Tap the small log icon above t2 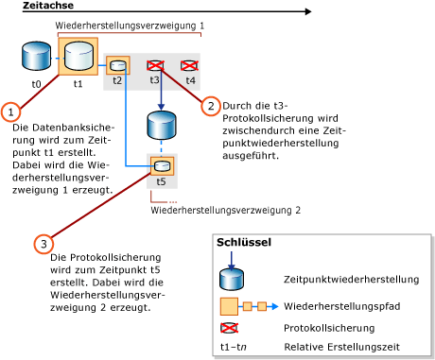[x=117, y=65]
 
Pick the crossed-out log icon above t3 [x=156, y=65]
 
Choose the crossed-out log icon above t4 [x=189, y=65]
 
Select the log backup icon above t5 [x=161, y=166]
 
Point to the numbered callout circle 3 [x=43, y=244]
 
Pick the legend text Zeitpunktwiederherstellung [x=351, y=279]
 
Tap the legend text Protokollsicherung [x=327, y=329]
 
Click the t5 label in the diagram [x=161, y=180]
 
